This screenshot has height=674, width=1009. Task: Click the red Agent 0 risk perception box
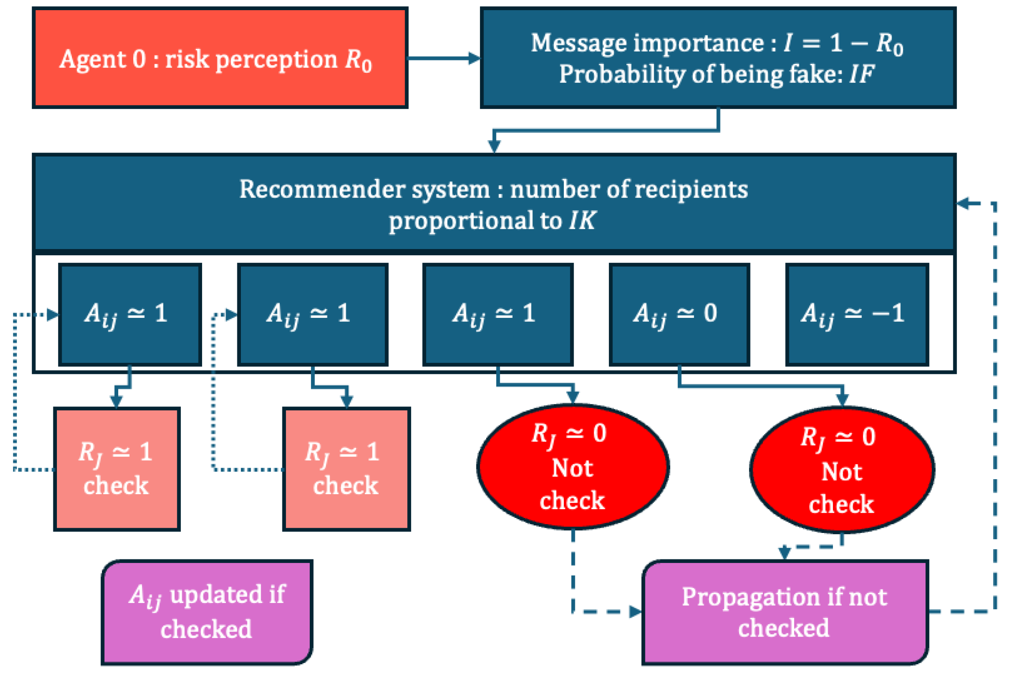click(220, 58)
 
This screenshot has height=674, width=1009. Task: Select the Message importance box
click(718, 58)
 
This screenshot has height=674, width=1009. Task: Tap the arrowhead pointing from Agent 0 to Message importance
click(474, 58)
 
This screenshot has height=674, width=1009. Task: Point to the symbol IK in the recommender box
click(582, 220)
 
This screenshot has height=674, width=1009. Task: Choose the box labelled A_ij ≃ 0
click(679, 314)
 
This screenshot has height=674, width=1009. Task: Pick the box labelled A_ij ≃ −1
click(857, 314)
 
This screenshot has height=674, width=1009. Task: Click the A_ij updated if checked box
click(207, 612)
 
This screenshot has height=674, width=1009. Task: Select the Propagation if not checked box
click(785, 612)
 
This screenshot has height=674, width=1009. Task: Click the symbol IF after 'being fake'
click(861, 74)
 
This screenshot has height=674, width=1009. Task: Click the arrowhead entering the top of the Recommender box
click(494, 146)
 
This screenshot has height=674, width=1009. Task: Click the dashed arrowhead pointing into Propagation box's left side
click(636, 611)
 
